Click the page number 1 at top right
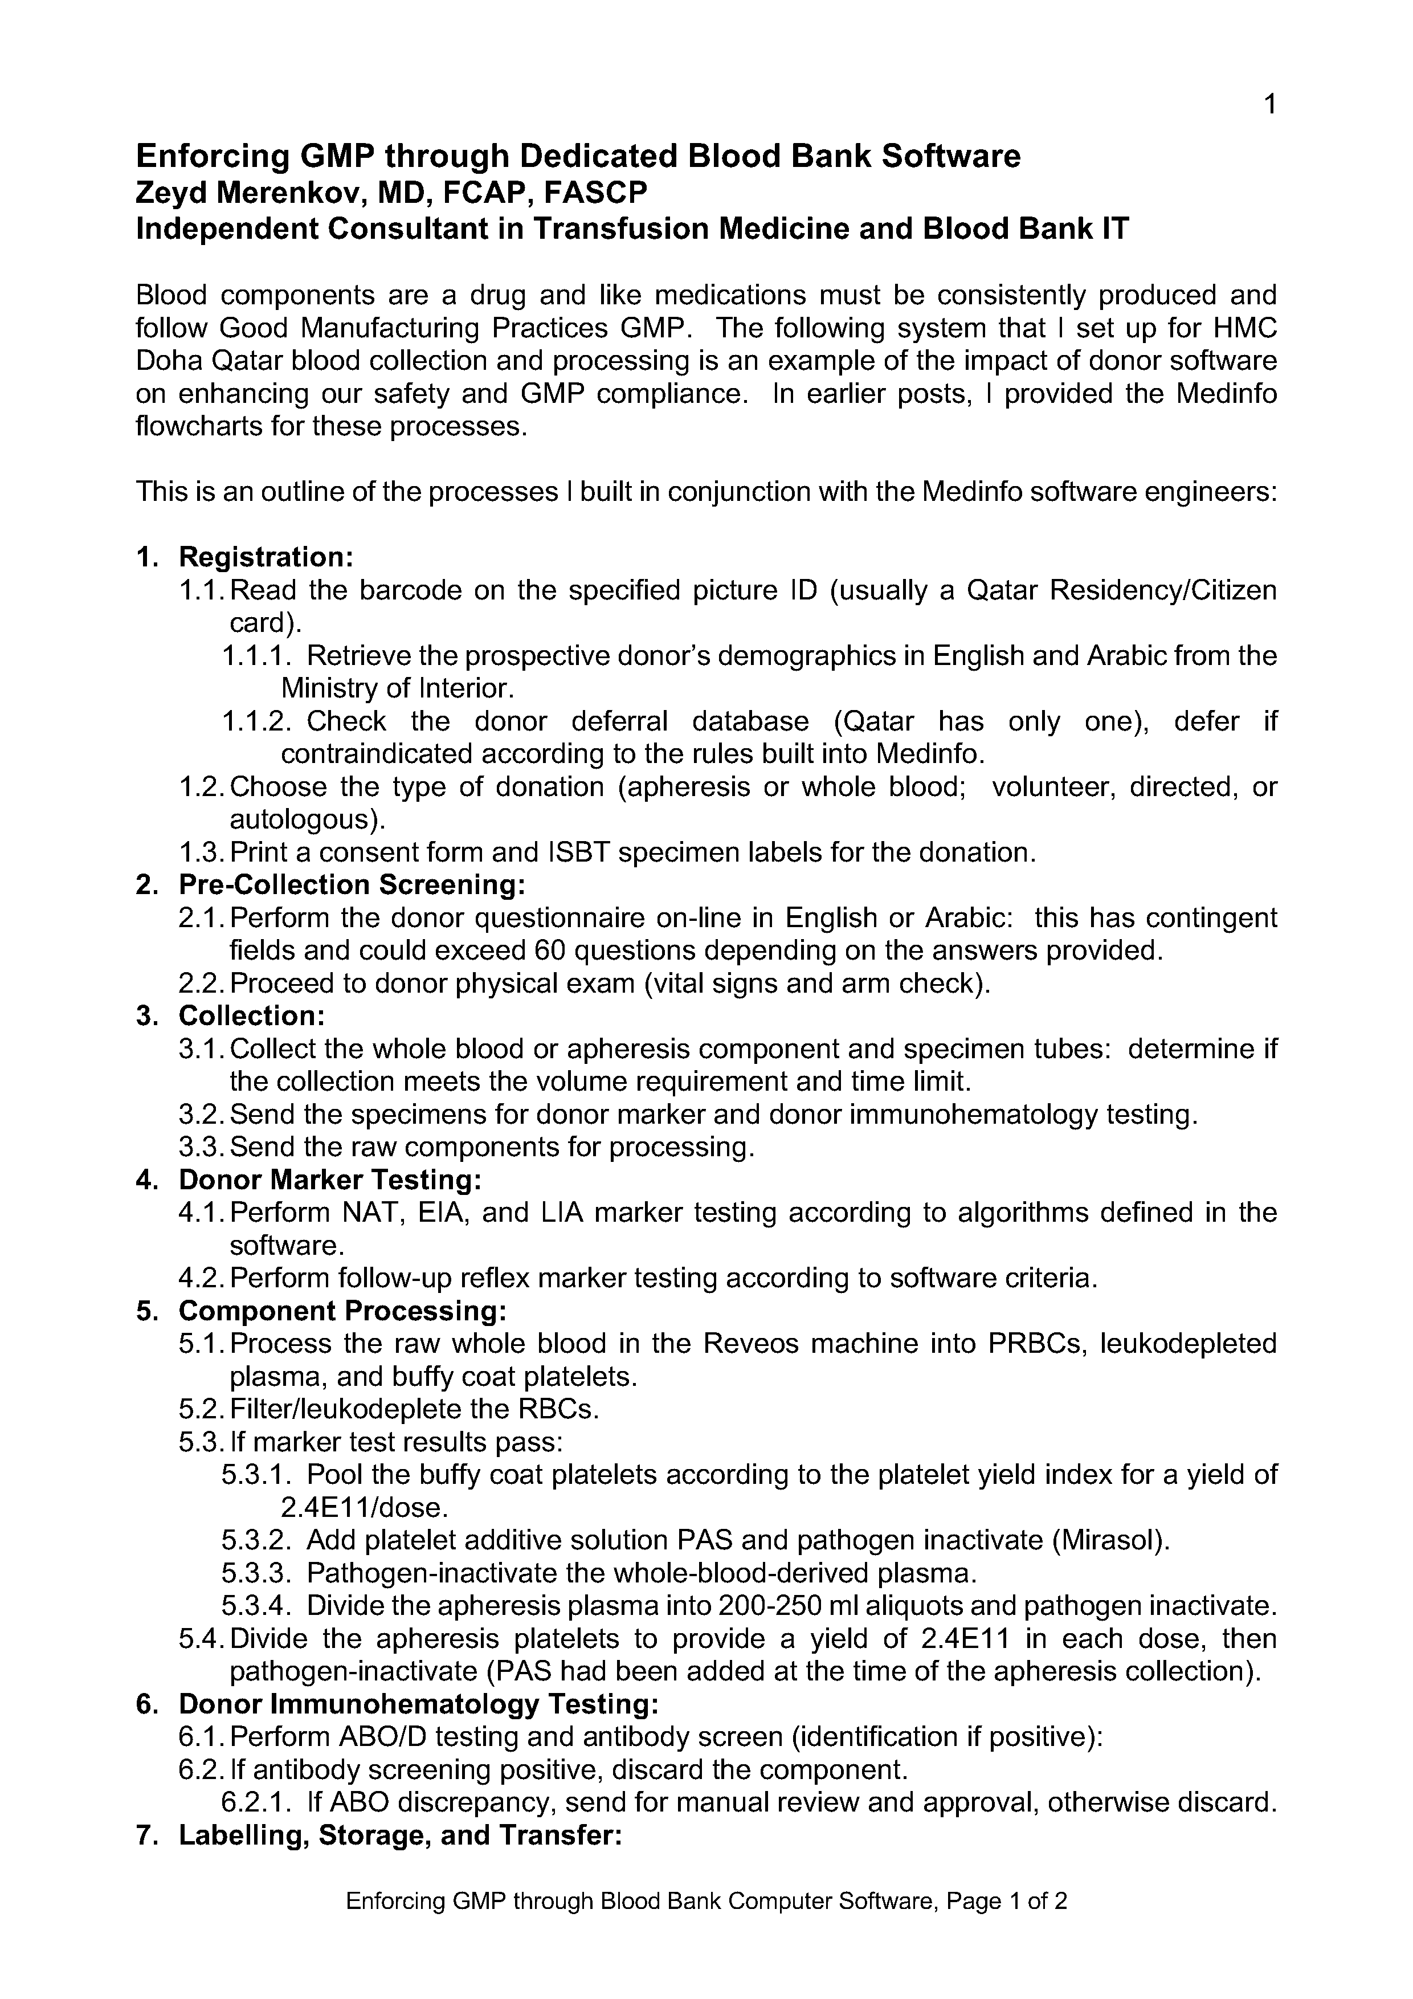pos(1269,105)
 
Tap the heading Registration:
pos(266,557)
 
